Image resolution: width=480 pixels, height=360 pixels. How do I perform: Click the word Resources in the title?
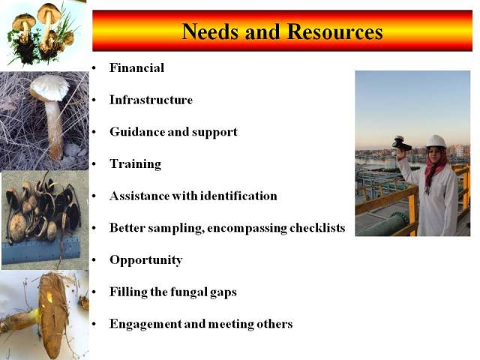pyautogui.click(x=335, y=31)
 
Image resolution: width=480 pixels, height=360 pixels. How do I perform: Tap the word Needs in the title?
pyautogui.click(x=210, y=31)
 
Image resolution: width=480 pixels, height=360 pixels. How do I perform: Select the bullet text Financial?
pyautogui.click(x=136, y=67)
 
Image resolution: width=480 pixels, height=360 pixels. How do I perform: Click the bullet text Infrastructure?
pyautogui.click(x=151, y=100)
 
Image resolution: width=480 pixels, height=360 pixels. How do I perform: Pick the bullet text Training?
pyautogui.click(x=135, y=164)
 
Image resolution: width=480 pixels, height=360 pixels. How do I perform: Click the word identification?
pyautogui.click(x=238, y=196)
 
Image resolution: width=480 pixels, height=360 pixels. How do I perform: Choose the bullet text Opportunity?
pyautogui.click(x=146, y=260)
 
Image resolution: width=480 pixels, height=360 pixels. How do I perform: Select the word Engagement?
pyautogui.click(x=145, y=325)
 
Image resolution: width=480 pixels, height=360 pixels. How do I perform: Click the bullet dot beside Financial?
pyautogui.click(x=94, y=68)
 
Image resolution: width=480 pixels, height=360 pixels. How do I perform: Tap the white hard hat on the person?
pyautogui.click(x=436, y=141)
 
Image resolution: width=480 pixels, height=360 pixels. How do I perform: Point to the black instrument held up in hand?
pyautogui.click(x=401, y=143)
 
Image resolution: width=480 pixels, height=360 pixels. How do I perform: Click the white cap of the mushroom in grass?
pyautogui.click(x=49, y=88)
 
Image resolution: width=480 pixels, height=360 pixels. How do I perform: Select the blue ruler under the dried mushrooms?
pyautogui.click(x=40, y=252)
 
